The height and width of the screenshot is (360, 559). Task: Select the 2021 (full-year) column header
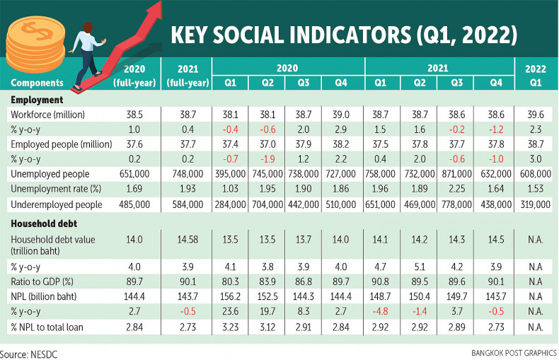click(186, 76)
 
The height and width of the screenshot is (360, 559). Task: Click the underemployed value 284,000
click(231, 204)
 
